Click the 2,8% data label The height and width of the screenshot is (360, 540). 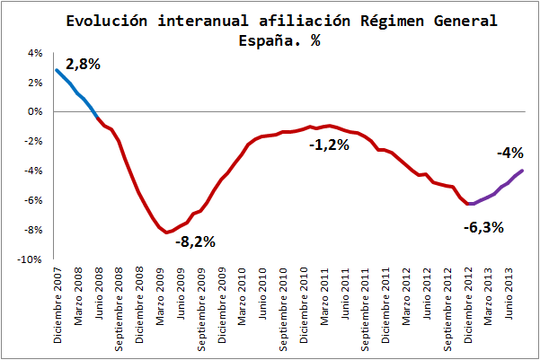pyautogui.click(x=83, y=64)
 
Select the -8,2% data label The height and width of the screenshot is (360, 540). pyautogui.click(x=195, y=241)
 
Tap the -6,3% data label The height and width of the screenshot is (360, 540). pyautogui.click(x=484, y=227)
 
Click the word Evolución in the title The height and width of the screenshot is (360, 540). pyautogui.click(x=108, y=21)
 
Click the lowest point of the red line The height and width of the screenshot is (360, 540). pyautogui.click(x=166, y=233)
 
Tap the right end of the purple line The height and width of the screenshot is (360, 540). pyautogui.click(x=523, y=171)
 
